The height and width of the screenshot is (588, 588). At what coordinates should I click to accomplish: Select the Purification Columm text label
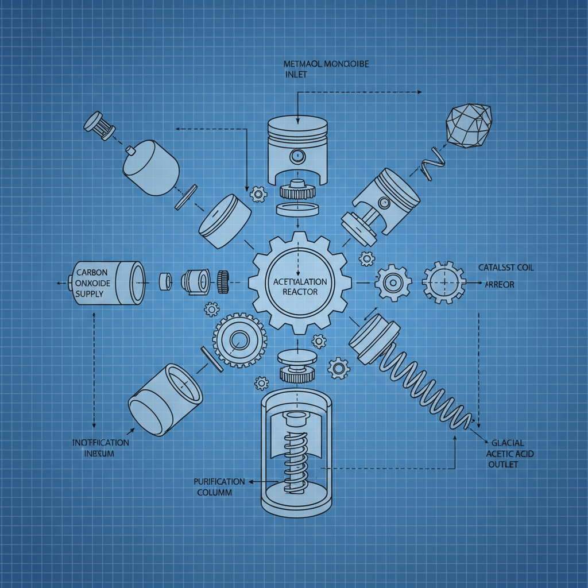tap(219, 487)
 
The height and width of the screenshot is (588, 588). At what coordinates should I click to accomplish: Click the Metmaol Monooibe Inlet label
tap(326, 69)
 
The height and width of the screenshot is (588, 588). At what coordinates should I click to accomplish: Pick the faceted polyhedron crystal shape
tap(470, 126)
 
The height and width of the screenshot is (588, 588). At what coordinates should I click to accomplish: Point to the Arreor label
tap(499, 284)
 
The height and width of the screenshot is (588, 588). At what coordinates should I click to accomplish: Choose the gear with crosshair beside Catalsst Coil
tap(444, 282)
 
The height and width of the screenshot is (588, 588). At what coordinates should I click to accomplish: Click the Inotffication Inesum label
tap(100, 448)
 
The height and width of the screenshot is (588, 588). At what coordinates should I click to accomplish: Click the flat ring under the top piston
tap(297, 208)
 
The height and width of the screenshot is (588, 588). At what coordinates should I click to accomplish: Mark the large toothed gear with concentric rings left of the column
tap(239, 341)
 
